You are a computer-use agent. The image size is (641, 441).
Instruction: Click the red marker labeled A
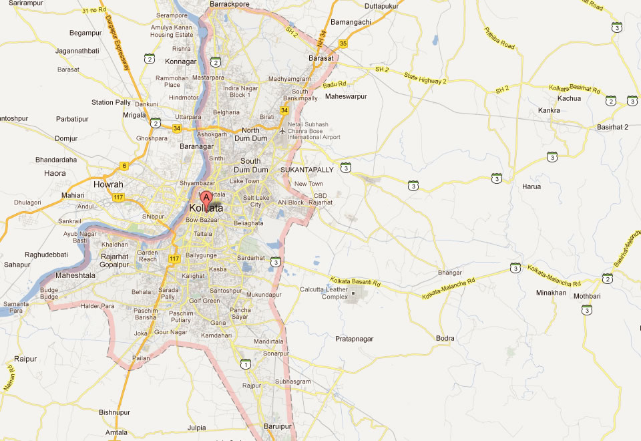click(206, 198)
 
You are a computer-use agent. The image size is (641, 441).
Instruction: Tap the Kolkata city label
click(206, 208)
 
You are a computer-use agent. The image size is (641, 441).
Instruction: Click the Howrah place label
click(108, 184)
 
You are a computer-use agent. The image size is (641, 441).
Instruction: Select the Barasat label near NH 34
click(320, 58)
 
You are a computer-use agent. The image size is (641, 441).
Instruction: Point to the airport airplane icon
click(282, 131)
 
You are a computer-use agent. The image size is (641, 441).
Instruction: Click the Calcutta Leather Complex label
click(325, 293)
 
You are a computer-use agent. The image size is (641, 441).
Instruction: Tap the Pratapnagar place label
click(354, 339)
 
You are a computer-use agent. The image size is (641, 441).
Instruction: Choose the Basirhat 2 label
click(613, 127)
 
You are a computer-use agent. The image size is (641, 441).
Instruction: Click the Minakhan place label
click(551, 293)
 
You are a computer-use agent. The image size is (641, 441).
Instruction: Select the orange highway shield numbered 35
click(343, 43)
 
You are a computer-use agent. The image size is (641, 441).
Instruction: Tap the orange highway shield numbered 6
click(124, 166)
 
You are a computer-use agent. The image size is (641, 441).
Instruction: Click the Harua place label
click(531, 186)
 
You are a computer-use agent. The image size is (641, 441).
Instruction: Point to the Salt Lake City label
click(257, 202)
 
